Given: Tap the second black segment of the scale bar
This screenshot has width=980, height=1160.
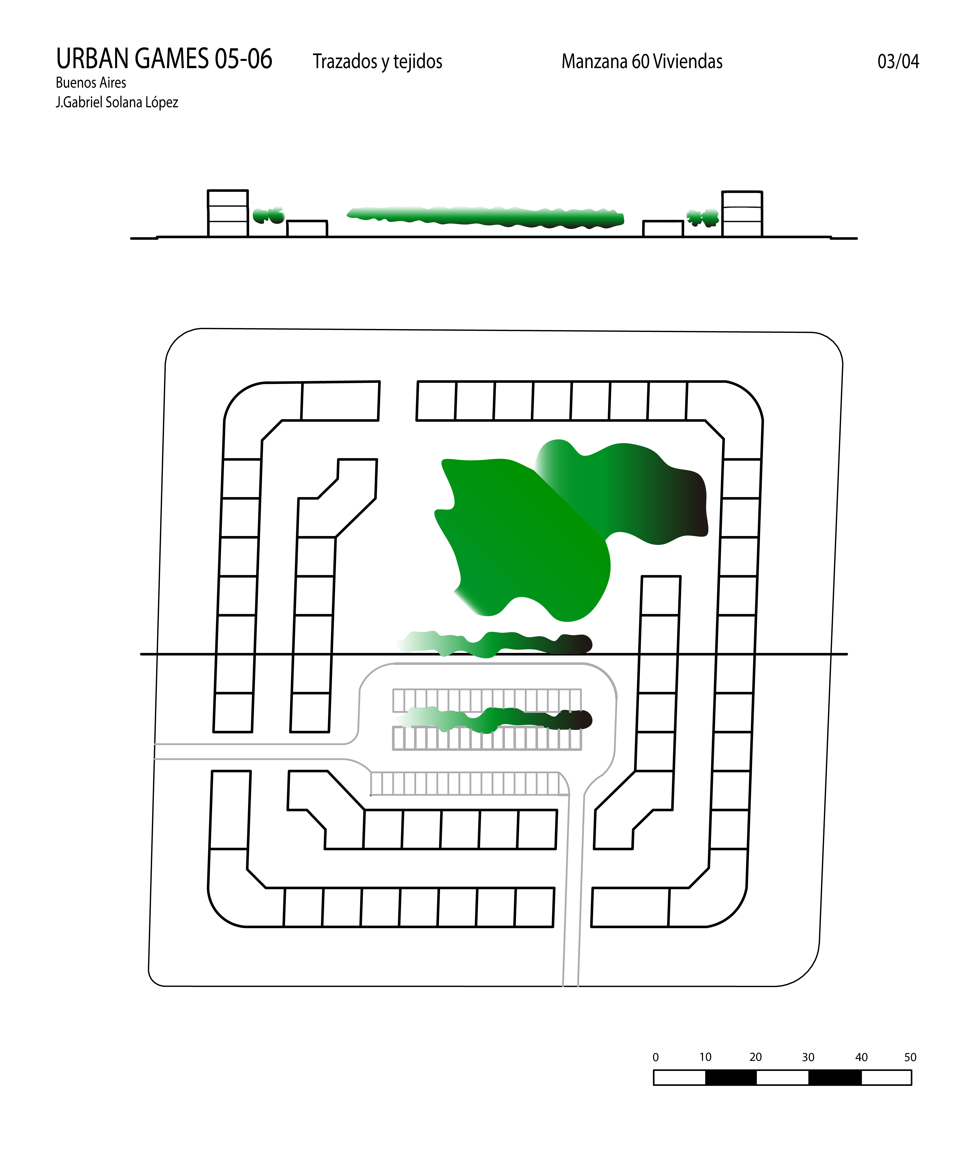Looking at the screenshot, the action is coord(835,1077).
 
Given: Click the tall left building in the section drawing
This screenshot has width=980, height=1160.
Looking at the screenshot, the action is coord(228,214).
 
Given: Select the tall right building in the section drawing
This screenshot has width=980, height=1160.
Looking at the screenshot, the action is coord(742,214).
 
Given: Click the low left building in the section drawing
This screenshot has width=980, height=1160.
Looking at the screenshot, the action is coord(307,229).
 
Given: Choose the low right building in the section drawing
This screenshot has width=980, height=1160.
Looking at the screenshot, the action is coord(663,229).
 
